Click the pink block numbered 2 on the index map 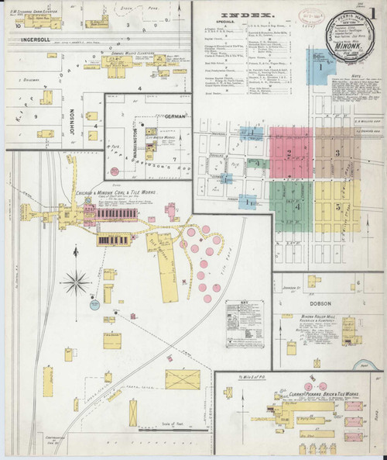[x=291, y=153]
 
